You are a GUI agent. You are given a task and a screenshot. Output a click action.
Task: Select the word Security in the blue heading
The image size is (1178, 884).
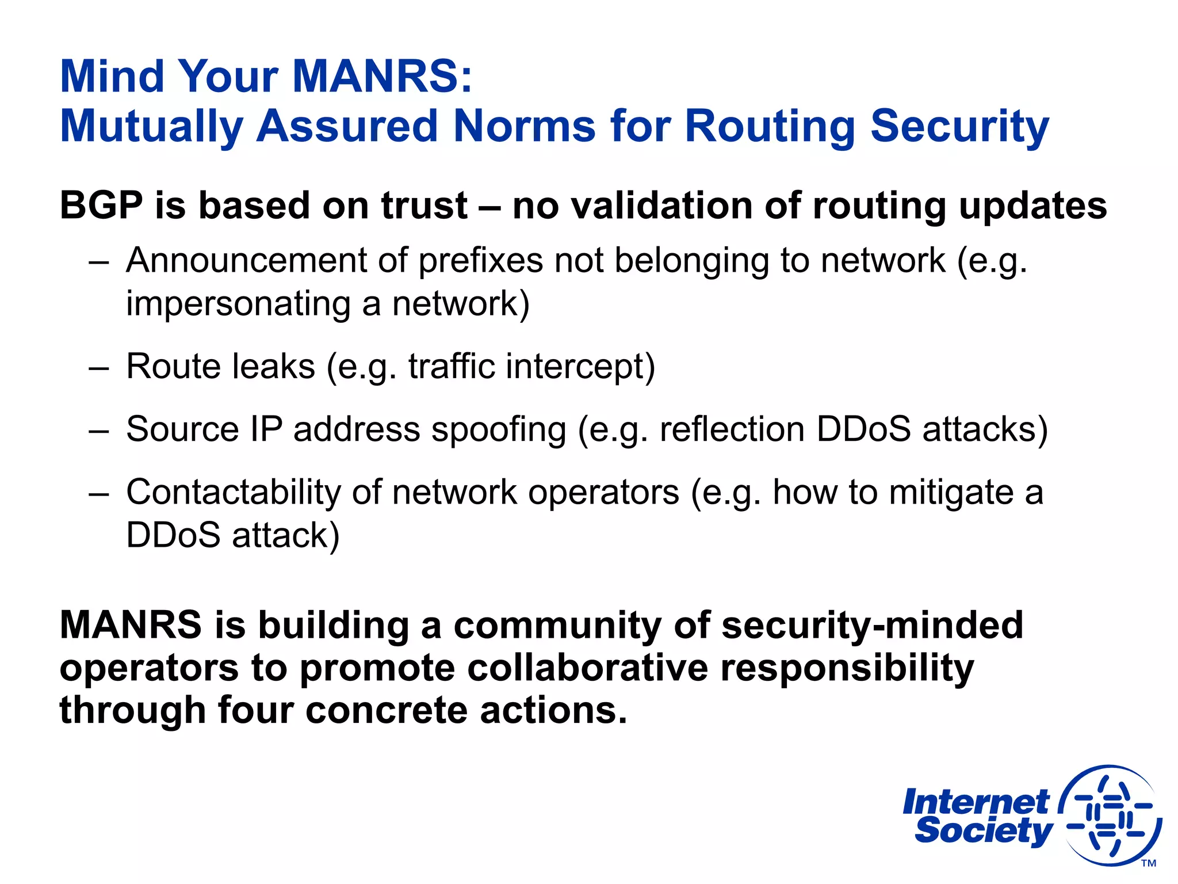pyautogui.click(x=959, y=127)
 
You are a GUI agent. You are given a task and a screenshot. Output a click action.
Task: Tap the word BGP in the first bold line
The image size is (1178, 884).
pyautogui.click(x=101, y=205)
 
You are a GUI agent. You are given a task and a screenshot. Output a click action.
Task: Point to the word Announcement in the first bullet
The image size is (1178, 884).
pyautogui.click(x=246, y=260)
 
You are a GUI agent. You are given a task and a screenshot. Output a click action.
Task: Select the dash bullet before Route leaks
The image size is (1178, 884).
pyautogui.click(x=99, y=367)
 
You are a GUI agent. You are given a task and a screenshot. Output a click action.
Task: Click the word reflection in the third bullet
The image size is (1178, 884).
pyautogui.click(x=732, y=429)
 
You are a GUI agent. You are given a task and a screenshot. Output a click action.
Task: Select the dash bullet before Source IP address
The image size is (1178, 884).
pyautogui.click(x=99, y=430)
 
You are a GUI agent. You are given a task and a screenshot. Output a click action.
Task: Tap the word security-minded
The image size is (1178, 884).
pyautogui.click(x=872, y=625)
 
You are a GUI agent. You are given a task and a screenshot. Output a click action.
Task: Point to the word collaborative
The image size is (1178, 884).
pyautogui.click(x=588, y=668)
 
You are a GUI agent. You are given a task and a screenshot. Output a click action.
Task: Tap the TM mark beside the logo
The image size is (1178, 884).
pyautogui.click(x=1148, y=863)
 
